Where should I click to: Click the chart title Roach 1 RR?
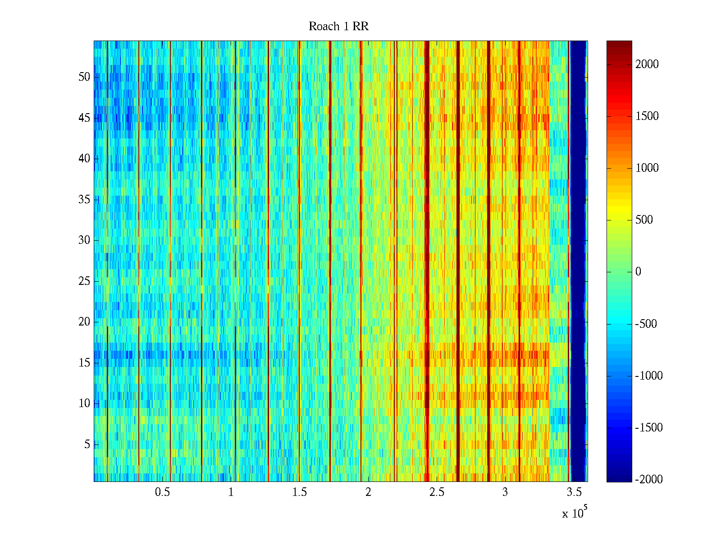(338, 27)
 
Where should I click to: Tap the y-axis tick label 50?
(84, 77)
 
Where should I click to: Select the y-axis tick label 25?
(84, 281)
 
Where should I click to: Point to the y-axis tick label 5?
(87, 445)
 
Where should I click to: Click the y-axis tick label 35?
(84, 200)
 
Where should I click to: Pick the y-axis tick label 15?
(84, 363)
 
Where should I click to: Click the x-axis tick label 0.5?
(162, 492)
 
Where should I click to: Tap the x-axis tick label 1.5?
(300, 492)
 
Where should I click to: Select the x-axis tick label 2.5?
(437, 492)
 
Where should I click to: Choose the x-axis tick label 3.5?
(574, 492)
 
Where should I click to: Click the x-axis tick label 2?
(368, 492)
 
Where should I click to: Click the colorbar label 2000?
(647, 64)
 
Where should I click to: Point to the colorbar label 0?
(638, 272)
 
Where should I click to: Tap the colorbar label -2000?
(649, 480)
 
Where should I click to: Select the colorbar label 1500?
(647, 116)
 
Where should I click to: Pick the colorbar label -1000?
(649, 376)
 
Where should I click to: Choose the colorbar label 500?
(644, 220)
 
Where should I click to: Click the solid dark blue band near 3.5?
(578, 261)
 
